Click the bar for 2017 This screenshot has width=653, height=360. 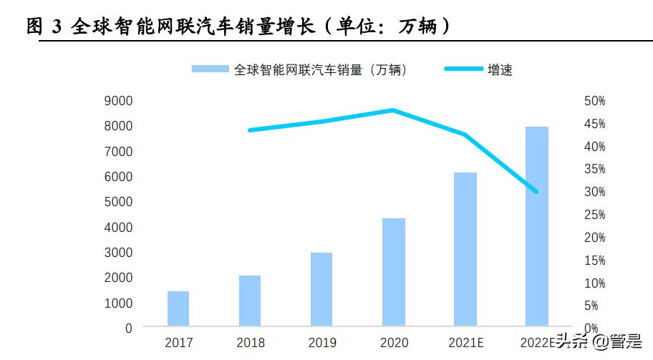(178, 308)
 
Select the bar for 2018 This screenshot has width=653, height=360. (250, 301)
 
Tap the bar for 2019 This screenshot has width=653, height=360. (321, 289)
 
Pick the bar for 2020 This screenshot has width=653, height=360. (393, 272)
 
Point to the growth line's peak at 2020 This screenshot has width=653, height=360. (393, 110)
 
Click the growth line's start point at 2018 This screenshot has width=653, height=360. (250, 130)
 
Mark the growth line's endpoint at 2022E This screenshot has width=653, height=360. (536, 192)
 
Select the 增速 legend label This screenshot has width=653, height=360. (500, 69)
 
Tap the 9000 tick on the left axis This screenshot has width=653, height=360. (118, 100)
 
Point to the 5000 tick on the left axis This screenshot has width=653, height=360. (118, 202)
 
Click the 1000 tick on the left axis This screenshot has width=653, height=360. (118, 303)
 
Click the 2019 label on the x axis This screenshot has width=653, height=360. (321, 343)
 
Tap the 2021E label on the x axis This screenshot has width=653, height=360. (465, 343)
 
